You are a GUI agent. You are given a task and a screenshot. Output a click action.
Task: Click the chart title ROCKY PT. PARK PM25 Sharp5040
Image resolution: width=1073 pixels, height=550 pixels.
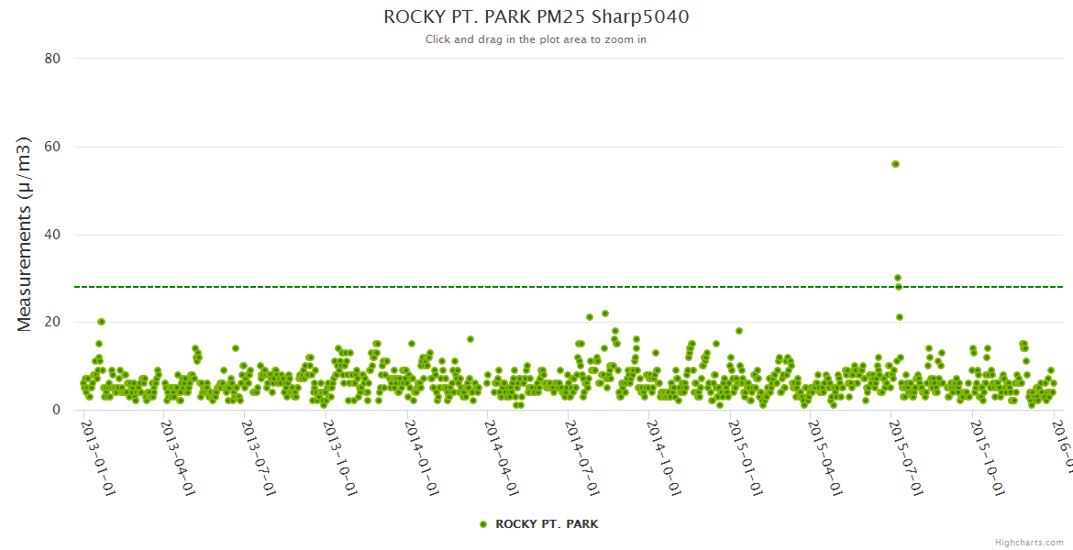click(x=536, y=16)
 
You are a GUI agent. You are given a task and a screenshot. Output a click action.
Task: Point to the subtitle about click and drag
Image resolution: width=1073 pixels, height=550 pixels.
click(x=536, y=39)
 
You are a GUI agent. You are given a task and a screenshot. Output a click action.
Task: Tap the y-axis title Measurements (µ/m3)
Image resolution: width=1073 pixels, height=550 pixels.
click(x=25, y=234)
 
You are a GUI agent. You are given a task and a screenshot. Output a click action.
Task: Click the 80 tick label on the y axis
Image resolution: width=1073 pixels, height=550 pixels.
click(x=52, y=59)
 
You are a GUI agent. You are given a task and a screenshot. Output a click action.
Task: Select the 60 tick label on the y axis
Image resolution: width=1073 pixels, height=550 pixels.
click(x=52, y=147)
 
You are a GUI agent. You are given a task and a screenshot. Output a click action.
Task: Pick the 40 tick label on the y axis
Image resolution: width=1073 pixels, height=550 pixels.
click(x=52, y=235)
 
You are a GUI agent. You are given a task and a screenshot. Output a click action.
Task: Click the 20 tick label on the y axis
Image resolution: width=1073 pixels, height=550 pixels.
click(x=52, y=322)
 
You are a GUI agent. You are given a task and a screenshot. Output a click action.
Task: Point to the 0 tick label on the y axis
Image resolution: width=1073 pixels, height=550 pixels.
click(x=56, y=410)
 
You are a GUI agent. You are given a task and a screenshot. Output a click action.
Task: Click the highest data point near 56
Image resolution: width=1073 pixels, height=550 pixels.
click(x=895, y=164)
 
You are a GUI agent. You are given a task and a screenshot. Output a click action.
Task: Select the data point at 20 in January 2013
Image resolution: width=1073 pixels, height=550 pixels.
click(x=101, y=322)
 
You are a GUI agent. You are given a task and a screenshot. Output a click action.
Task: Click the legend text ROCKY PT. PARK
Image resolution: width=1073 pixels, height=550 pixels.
click(x=547, y=524)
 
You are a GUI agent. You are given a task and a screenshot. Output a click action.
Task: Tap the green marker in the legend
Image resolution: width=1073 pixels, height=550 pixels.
click(x=483, y=524)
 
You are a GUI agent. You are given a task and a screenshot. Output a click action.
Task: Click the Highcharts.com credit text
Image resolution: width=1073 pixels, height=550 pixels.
click(x=1029, y=542)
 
